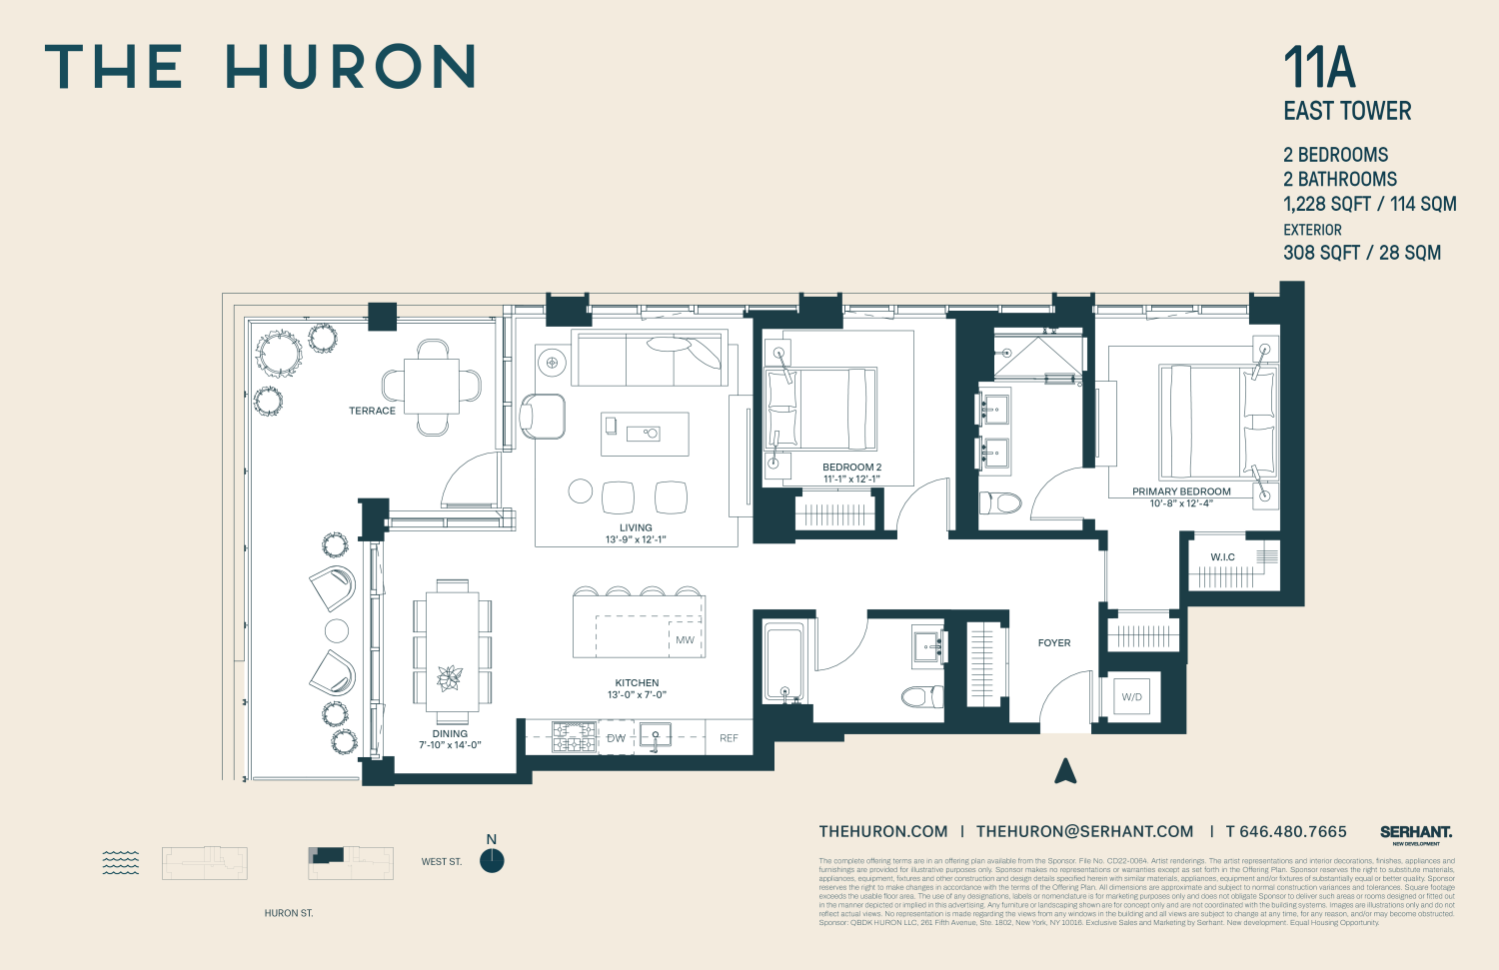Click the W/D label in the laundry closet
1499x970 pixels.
click(1131, 697)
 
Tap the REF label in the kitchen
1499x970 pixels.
click(729, 738)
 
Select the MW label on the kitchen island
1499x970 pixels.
click(685, 640)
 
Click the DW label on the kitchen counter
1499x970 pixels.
click(616, 738)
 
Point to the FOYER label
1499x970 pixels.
click(1054, 643)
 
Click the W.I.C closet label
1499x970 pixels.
click(1222, 557)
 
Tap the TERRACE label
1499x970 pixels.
click(372, 411)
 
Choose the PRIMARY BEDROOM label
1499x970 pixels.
click(1181, 491)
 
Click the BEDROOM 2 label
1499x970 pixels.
click(851, 468)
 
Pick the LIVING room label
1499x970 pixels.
click(636, 527)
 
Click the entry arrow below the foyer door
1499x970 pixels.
click(1065, 770)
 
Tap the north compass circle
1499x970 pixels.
click(492, 860)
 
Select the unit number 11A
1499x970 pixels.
click(1319, 68)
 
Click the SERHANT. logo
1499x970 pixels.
click(1416, 832)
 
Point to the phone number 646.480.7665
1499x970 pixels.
click(1293, 831)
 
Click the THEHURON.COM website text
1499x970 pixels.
click(883, 831)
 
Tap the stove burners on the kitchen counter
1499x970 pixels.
click(575, 737)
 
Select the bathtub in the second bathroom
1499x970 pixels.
click(783, 661)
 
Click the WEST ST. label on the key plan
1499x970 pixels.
click(442, 861)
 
